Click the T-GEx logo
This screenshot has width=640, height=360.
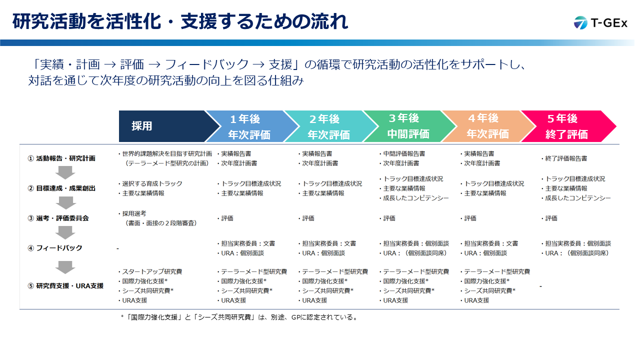600,23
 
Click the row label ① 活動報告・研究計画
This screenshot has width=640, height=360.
61,158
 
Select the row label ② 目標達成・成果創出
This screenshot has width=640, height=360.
61,188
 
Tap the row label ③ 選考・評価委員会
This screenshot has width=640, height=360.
58,218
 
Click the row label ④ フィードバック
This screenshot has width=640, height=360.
55,248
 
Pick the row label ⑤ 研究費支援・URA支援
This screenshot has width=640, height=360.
65,285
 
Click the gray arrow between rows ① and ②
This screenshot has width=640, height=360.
65,172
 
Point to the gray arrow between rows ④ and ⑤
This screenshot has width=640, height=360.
65,267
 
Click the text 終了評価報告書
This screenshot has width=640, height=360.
566,158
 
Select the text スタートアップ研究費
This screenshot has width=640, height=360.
152,271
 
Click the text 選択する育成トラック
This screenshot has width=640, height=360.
152,183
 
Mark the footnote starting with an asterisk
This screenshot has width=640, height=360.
239,317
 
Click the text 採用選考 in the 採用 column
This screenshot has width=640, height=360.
134,213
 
